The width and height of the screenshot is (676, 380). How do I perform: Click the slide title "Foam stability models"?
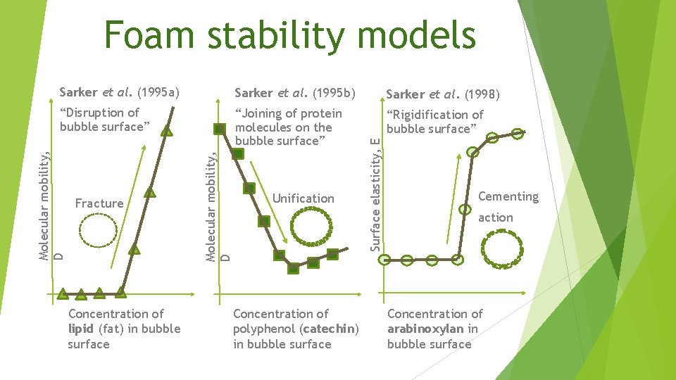pyautogui.click(x=289, y=35)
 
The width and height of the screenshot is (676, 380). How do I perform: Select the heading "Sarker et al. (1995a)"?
pyautogui.click(x=120, y=92)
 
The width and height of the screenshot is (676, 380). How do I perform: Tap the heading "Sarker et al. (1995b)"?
pyautogui.click(x=295, y=92)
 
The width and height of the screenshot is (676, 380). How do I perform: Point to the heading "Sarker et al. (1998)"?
pyautogui.click(x=443, y=94)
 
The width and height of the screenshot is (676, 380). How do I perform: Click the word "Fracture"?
pyautogui.click(x=99, y=203)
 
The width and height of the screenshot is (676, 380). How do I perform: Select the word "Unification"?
pyautogui.click(x=303, y=198)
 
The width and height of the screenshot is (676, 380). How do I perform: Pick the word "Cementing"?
pyautogui.click(x=508, y=196)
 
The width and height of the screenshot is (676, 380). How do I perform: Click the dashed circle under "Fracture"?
pyautogui.click(x=99, y=229)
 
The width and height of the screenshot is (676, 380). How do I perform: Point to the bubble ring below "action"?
pyautogui.click(x=503, y=249)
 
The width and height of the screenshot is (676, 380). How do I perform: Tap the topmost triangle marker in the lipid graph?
pyautogui.click(x=167, y=129)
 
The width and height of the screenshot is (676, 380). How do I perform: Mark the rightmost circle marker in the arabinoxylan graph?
pyautogui.click(x=518, y=133)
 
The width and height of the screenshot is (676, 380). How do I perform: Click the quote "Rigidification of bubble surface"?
pyautogui.click(x=434, y=121)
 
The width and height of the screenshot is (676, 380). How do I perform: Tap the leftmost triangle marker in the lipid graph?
pyautogui.click(x=63, y=293)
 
